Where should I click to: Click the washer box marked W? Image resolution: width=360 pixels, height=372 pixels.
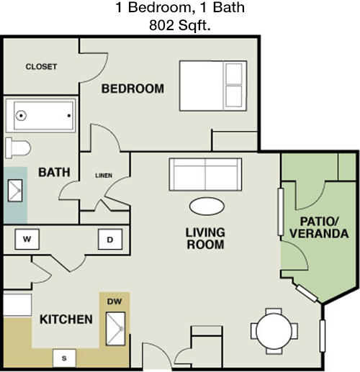pos(27,239)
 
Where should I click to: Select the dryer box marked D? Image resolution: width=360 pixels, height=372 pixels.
pos(110,239)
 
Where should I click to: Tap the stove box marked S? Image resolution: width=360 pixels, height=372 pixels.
pos(64,358)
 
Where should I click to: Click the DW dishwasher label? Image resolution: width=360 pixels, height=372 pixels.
pos(114,301)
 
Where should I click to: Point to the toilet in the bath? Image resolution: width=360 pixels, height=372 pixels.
pos(18,148)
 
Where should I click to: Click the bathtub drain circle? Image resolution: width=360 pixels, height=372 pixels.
pos(21,116)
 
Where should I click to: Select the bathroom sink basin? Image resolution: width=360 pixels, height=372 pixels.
pos(15,191)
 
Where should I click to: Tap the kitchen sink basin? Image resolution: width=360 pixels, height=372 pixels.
pos(116,329)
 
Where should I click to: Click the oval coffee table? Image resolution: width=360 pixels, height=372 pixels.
pos(207,207)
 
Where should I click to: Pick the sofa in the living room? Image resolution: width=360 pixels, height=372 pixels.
pos(205,174)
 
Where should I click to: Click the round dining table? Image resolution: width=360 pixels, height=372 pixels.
pos(274,331)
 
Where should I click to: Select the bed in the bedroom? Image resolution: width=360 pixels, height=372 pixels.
pos(213,86)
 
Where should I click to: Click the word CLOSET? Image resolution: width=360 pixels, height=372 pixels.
pos(41,67)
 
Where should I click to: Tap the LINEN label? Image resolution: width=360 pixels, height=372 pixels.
pos(104,176)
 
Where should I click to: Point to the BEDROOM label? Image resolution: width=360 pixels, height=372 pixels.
pos(132,89)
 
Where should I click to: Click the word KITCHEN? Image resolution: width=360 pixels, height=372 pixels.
pos(66,319)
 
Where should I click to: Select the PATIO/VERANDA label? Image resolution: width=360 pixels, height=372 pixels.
pos(319,227)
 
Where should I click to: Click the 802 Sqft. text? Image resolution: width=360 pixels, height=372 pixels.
pos(180,25)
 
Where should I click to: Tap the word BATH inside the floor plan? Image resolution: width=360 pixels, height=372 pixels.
pos(54,172)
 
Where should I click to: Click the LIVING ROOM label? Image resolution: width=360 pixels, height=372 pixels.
pos(205,239)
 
